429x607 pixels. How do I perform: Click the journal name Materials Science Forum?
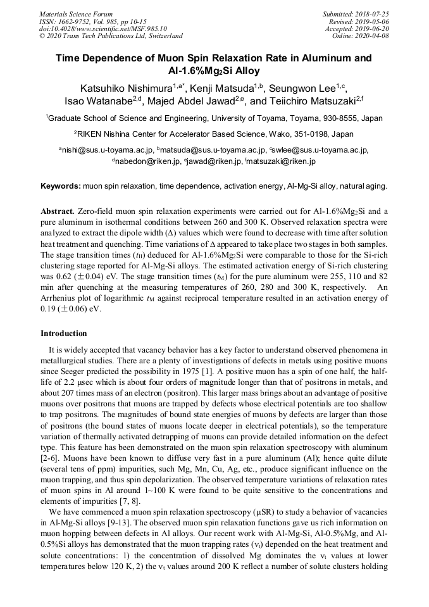(76, 14)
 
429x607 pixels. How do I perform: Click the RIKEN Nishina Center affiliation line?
(214, 134)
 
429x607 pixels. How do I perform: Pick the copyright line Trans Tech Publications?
(111, 36)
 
